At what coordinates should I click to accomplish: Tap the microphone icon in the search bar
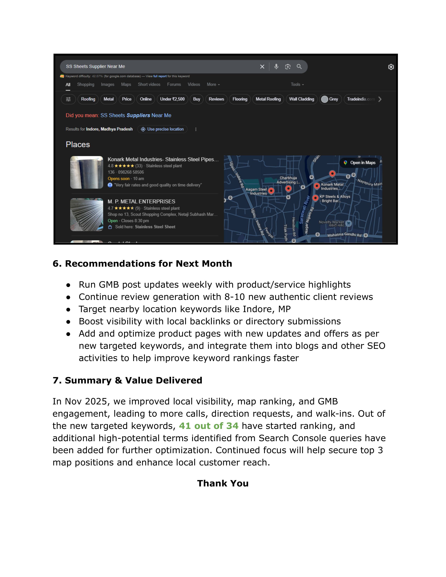point(276,67)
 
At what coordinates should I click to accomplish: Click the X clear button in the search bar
point(262,67)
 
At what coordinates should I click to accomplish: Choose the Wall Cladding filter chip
point(302,99)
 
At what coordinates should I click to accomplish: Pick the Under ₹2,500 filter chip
point(172,99)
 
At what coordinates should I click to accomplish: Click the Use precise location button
point(162,129)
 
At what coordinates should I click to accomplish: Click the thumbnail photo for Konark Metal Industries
point(87,172)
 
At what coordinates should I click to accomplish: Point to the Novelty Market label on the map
point(331,222)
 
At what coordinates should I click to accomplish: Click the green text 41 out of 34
point(208,426)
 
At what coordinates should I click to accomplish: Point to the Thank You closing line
point(223,483)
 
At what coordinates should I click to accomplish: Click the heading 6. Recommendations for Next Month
point(142,264)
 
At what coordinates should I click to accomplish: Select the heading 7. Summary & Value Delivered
point(127,380)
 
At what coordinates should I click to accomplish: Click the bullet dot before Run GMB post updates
point(68,285)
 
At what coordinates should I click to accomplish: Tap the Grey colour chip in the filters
point(330,99)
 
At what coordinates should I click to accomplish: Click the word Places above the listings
point(78,145)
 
